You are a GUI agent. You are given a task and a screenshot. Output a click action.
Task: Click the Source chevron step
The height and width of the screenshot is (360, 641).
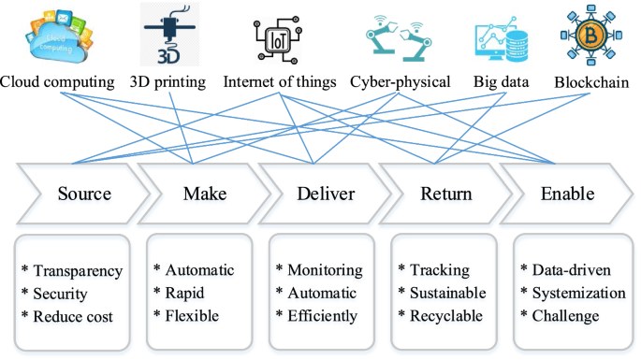pyautogui.click(x=84, y=194)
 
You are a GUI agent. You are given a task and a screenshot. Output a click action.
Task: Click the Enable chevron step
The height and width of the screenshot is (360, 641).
pyautogui.click(x=567, y=194)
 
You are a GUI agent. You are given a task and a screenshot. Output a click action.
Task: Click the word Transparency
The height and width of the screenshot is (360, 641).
pyautogui.click(x=78, y=271)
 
